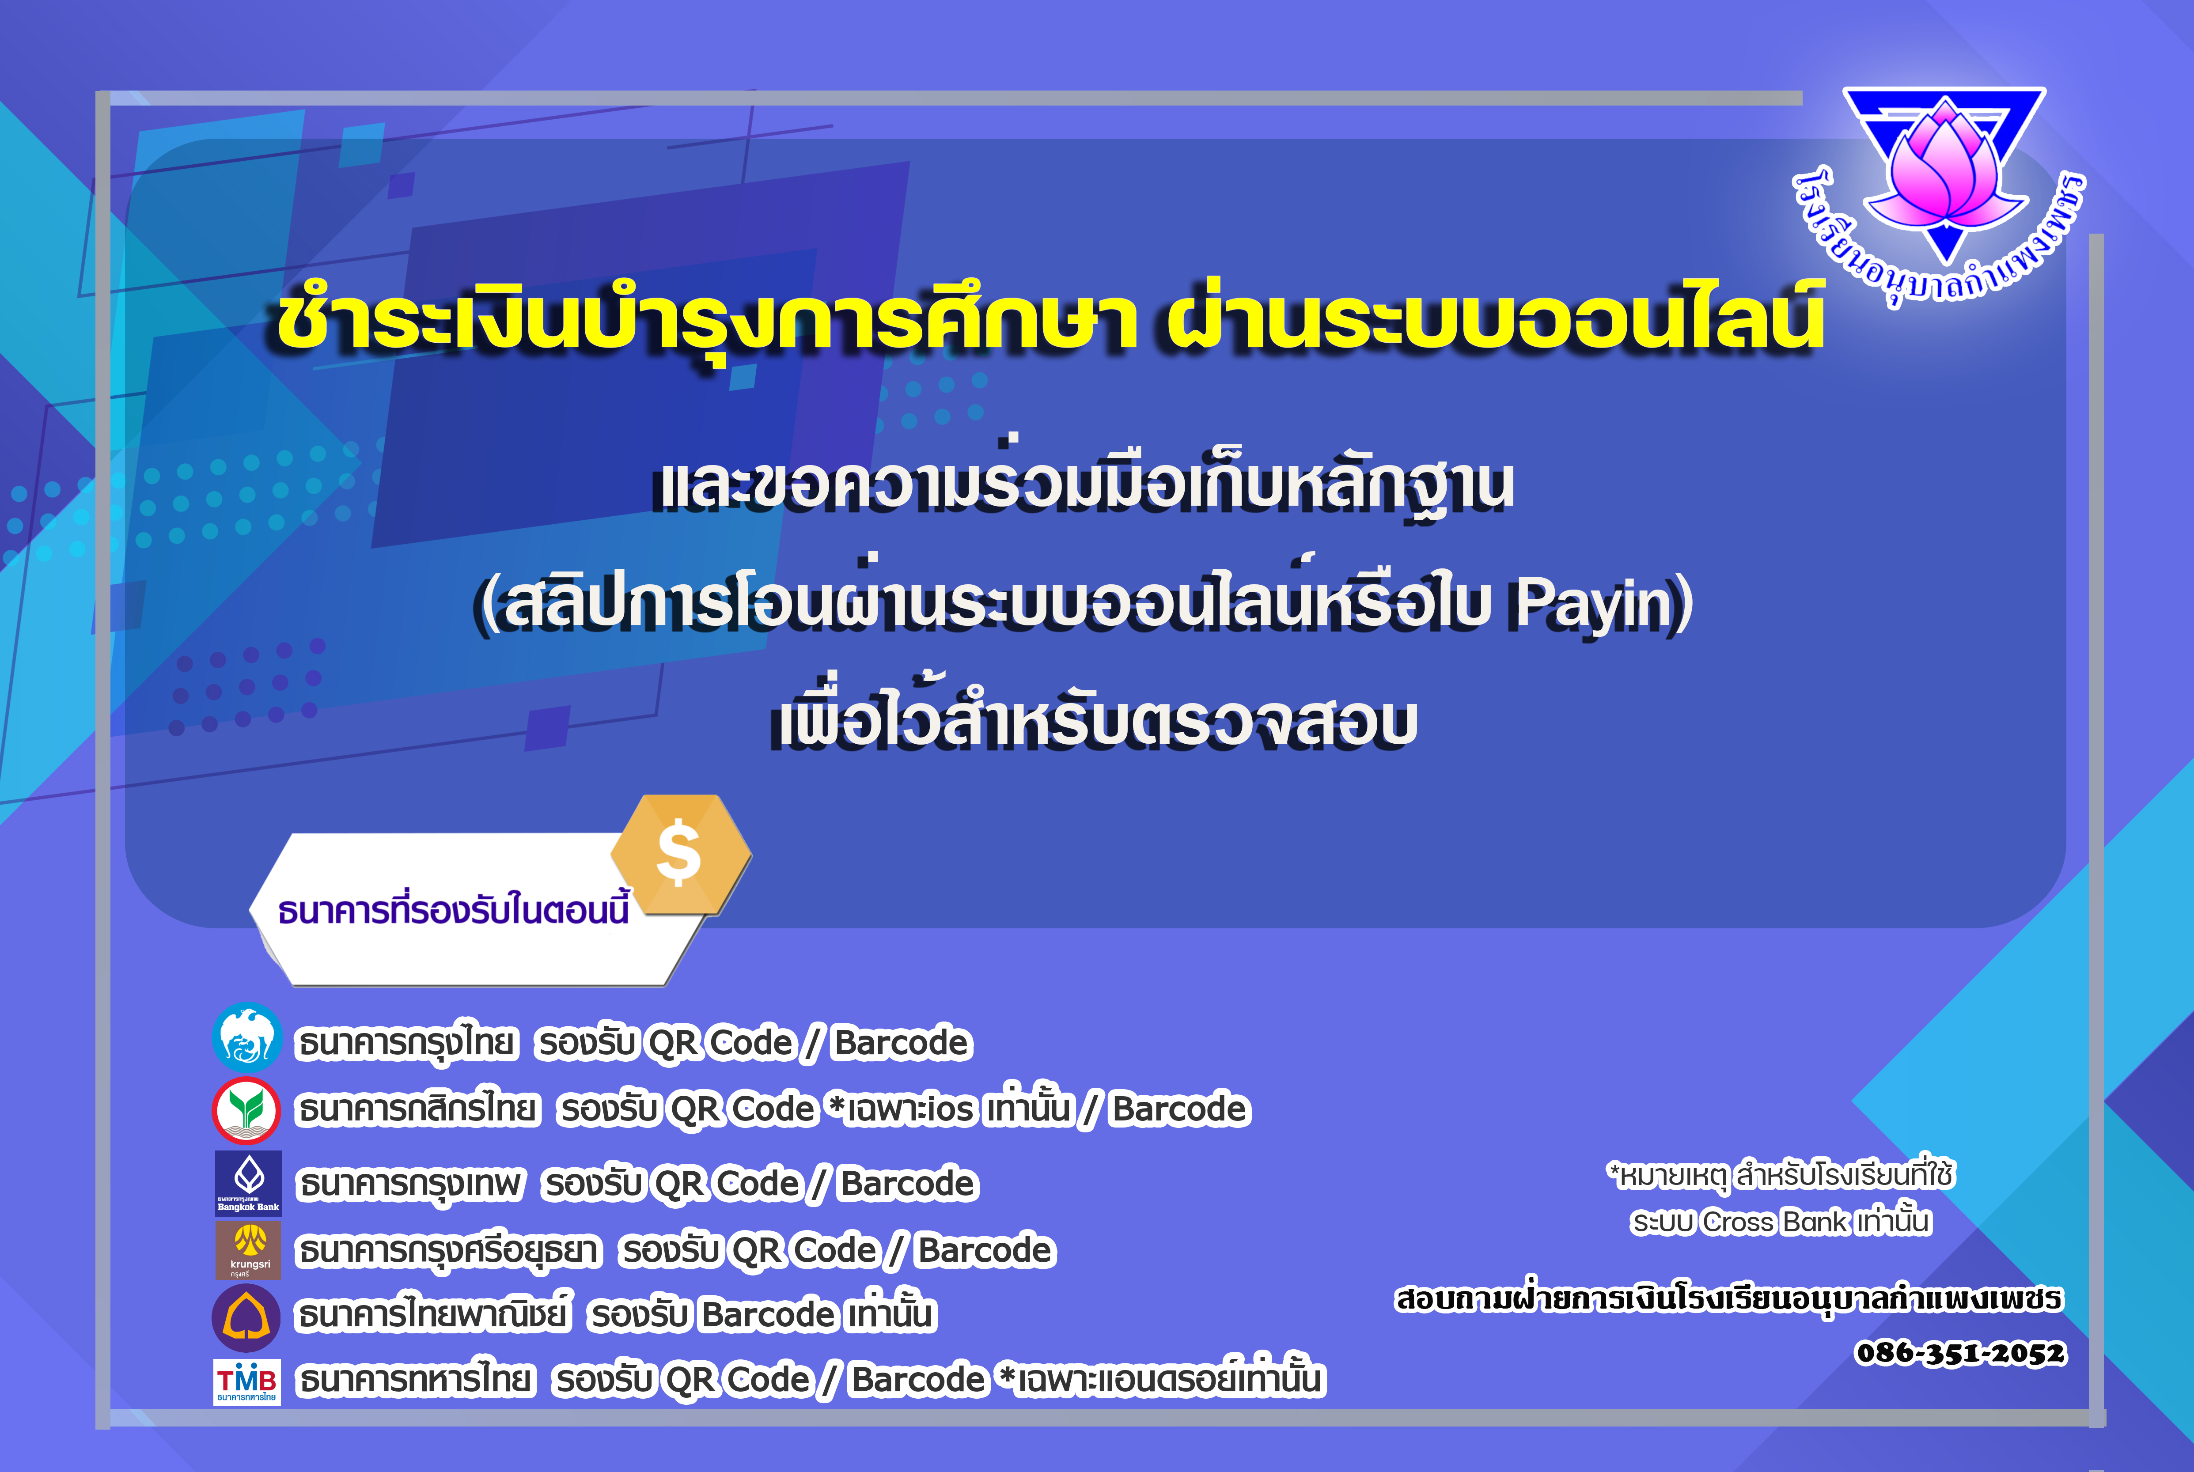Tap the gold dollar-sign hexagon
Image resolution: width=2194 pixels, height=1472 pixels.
point(681,854)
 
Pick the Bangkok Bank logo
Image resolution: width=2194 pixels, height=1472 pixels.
point(248,1183)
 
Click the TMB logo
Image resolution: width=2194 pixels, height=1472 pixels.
point(247,1382)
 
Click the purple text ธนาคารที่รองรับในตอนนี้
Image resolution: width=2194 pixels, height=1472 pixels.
point(454,909)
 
